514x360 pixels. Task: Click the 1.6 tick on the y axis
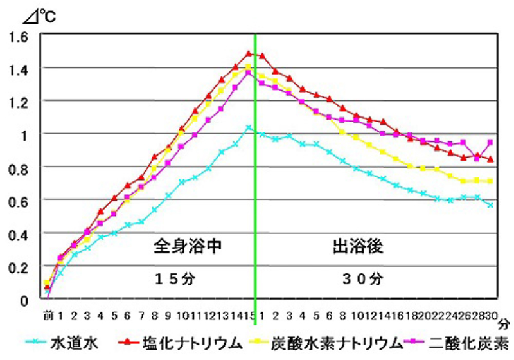pos(20,36)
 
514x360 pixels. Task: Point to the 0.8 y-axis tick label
pos(20,167)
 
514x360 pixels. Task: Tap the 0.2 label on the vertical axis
pos(20,267)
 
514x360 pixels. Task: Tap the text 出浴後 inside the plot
pos(358,246)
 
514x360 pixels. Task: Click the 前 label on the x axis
pos(47,316)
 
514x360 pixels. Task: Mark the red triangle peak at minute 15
pos(249,53)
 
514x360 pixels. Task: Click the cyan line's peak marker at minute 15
pos(249,128)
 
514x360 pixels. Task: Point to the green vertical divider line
pos(256,193)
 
